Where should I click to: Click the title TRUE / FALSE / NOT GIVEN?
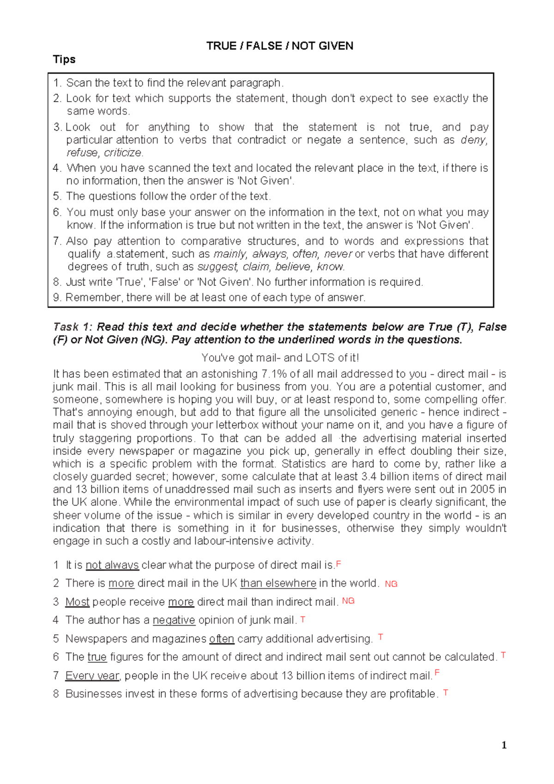280,46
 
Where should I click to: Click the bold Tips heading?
64,60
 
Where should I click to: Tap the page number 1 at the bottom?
504,745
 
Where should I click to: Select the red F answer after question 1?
338,564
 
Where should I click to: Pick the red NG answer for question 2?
391,584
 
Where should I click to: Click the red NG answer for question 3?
348,601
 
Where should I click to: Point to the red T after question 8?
446,693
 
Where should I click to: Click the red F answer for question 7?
437,674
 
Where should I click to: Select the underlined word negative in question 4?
174,620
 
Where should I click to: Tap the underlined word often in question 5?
222,639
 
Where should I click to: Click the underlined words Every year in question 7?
92,676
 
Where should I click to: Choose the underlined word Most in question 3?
77,602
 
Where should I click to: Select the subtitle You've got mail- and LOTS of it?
280,358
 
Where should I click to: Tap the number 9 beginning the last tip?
57,298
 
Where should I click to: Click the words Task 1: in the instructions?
73,327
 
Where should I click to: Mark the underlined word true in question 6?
97,657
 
